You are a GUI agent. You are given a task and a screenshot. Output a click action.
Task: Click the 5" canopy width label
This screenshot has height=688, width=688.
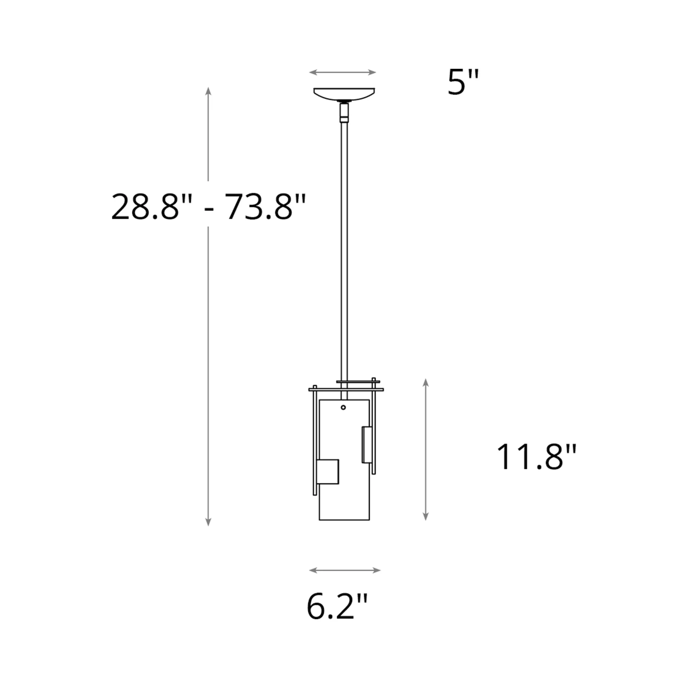(x=463, y=83)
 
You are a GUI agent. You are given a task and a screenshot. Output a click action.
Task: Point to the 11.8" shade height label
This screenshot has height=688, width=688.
(x=536, y=457)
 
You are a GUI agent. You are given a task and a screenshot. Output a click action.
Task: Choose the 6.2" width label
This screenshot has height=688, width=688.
(x=337, y=606)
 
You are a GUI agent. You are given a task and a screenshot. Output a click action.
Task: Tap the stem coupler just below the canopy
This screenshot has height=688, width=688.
(x=344, y=112)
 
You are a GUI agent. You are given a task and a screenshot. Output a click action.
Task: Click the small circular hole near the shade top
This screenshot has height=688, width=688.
(x=344, y=407)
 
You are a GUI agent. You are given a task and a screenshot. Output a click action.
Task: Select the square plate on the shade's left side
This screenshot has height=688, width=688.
(x=327, y=472)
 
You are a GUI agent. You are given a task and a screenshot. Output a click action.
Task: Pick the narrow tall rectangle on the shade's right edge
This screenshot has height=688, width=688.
(x=367, y=445)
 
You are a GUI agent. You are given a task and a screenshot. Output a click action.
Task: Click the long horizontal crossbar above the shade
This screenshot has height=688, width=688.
(x=346, y=390)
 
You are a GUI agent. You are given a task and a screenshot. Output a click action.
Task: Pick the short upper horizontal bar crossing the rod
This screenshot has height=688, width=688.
(x=358, y=381)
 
